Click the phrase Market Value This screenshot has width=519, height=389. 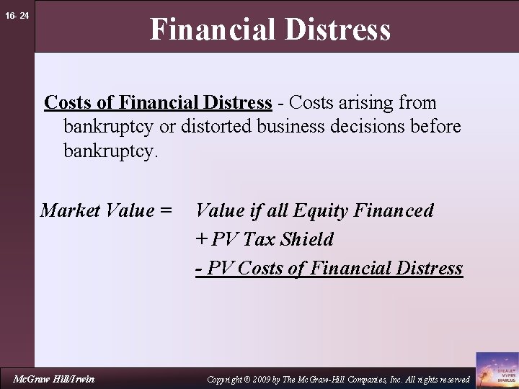click(97, 210)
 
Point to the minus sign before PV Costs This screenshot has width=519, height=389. click(198, 269)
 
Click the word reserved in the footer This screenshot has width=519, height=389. click(453, 379)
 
